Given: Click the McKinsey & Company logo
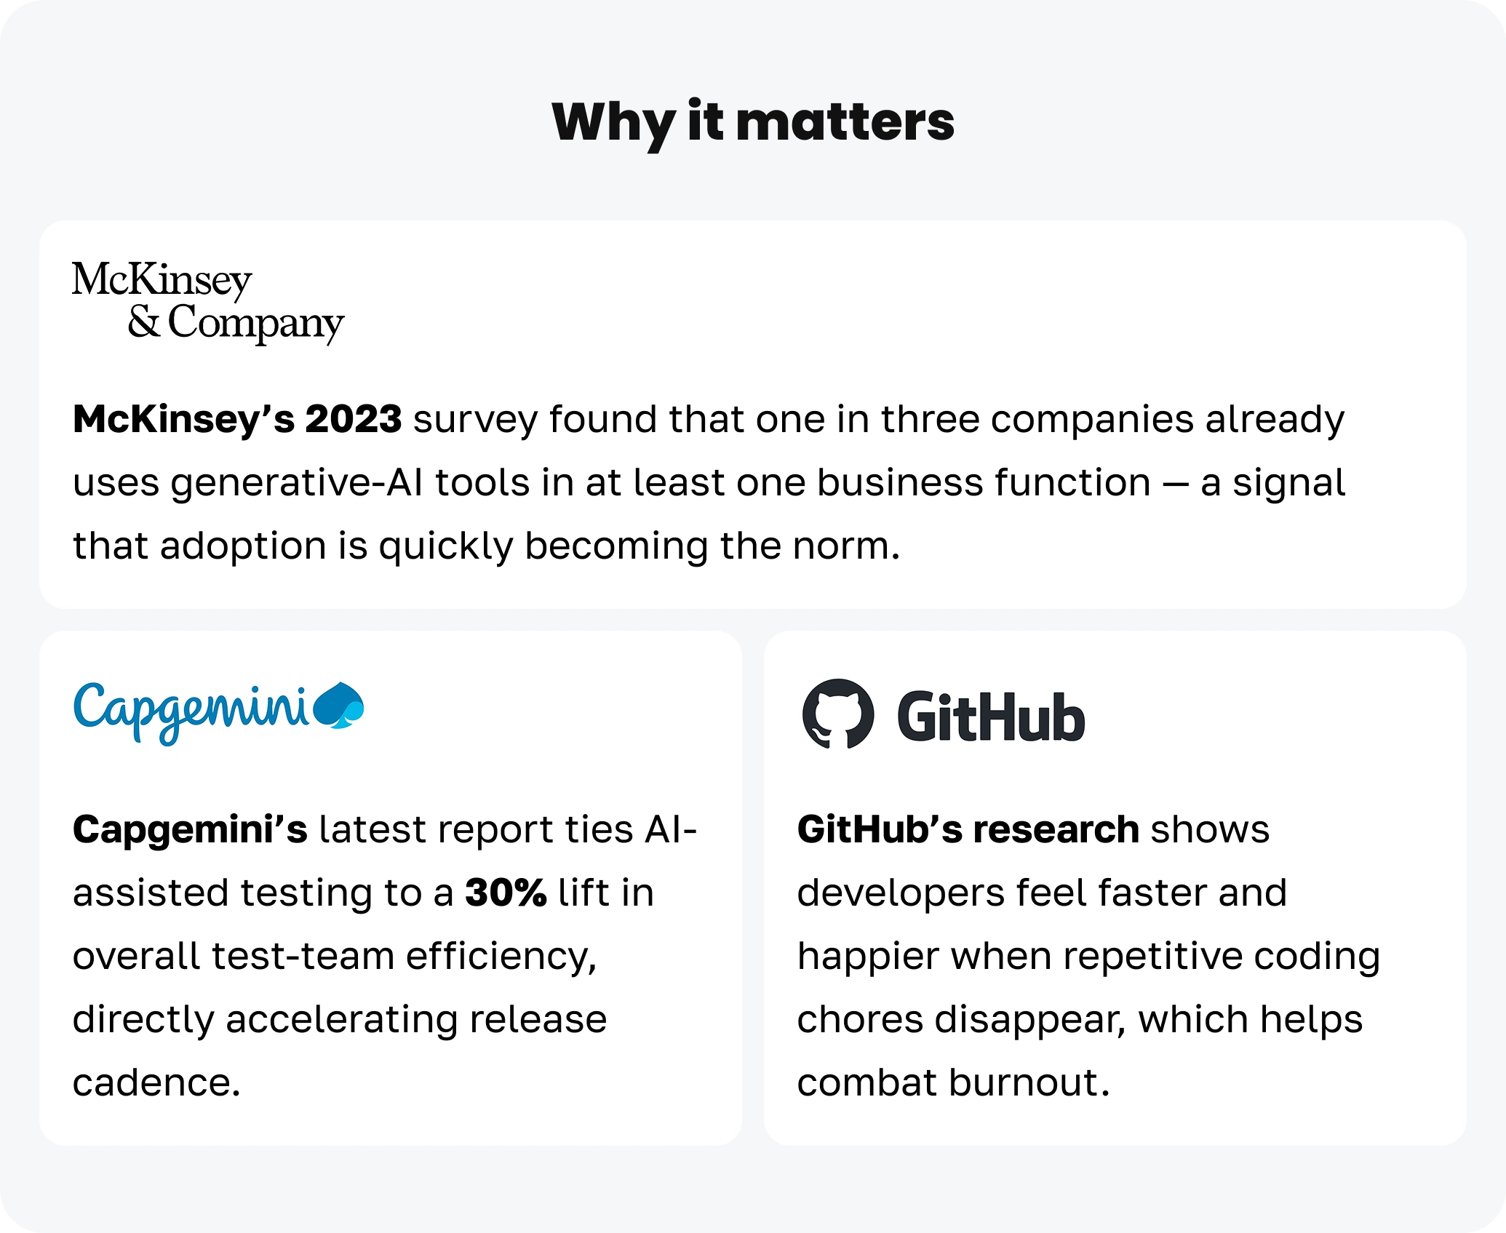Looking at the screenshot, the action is pyautogui.click(x=208, y=301).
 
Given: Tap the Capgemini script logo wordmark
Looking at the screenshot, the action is pyautogui.click(x=191, y=712).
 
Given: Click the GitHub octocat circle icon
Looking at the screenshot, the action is pyautogui.click(x=838, y=714).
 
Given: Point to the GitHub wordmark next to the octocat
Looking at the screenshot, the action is pyautogui.click(x=991, y=717).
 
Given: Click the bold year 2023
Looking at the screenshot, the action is pyautogui.click(x=353, y=419).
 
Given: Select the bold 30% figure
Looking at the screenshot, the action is pyautogui.click(x=506, y=893).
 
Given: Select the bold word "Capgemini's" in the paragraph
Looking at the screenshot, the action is pyautogui.click(x=190, y=830).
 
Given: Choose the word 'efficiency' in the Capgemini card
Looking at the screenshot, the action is pyautogui.click(x=496, y=956).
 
